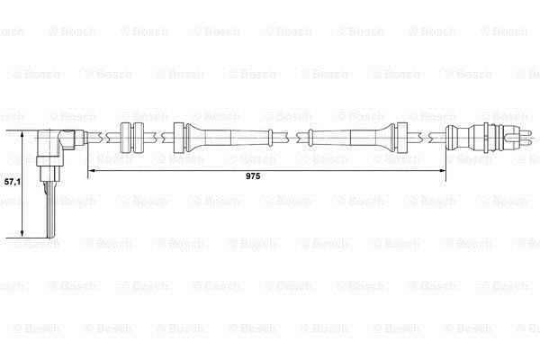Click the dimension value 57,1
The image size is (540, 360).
pos(12,182)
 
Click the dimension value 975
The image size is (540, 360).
pos(253,176)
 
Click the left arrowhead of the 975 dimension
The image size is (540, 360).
pos(93,170)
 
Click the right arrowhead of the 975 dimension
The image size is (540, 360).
pos(443,170)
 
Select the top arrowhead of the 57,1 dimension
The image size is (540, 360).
pos(22,135)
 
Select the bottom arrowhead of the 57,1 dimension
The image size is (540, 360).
pos(22,233)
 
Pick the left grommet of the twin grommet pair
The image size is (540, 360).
pos(125,138)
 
